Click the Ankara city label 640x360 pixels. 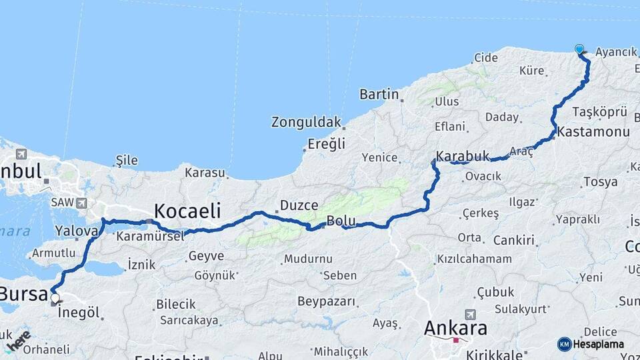pos(456,328)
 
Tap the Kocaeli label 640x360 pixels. pos(187,211)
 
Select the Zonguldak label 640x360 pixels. pos(306,123)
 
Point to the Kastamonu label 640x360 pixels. pos(593,132)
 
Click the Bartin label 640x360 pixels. pos(379,95)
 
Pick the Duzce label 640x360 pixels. pos(299,205)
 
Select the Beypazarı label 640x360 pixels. pos(326,301)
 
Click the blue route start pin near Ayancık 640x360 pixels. pos(579,49)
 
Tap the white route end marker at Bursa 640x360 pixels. pos(55,299)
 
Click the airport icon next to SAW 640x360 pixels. pos(81,203)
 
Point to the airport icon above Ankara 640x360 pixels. pos(471,314)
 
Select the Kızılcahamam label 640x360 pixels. pos(474,259)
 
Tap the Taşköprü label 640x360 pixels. pos(600,111)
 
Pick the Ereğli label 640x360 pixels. pos(327,144)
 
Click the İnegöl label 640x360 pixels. pos(79,313)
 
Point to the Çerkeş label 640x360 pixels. pos(480,213)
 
